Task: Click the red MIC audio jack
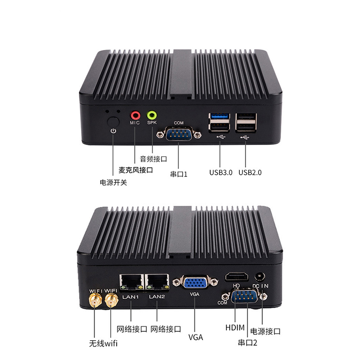coord(135,115)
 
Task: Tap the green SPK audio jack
coord(152,115)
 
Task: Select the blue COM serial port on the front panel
coord(179,134)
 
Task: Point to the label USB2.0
coord(250,172)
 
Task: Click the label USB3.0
coord(220,172)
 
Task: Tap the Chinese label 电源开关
coord(113,183)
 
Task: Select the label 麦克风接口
coord(135,171)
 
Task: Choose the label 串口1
coord(179,173)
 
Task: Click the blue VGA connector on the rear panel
coord(194,283)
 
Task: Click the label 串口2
coord(247,343)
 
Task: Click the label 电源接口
coord(265,331)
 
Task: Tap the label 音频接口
coord(153,159)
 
